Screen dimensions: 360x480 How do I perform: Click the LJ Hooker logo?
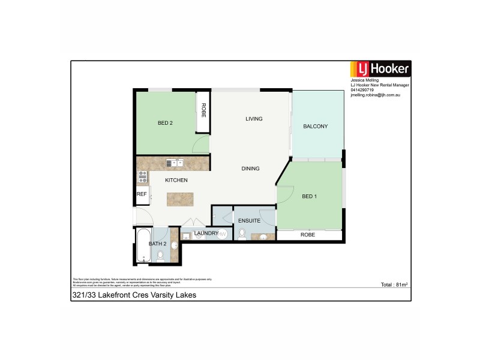(x=380, y=68)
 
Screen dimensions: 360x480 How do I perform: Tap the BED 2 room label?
(x=165, y=123)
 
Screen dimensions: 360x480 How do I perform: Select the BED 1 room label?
(x=310, y=196)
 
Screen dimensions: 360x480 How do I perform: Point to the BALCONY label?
(x=315, y=126)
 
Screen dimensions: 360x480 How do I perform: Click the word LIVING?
(x=254, y=119)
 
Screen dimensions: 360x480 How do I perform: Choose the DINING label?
(x=251, y=169)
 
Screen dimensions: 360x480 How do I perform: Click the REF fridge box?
(x=142, y=194)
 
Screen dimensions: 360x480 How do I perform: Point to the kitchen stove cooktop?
(x=143, y=176)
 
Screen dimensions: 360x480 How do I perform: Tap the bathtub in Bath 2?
(x=143, y=245)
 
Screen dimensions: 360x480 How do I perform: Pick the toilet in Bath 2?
(x=160, y=256)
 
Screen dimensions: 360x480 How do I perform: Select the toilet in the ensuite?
(x=242, y=234)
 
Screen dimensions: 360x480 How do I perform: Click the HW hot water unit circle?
(x=222, y=233)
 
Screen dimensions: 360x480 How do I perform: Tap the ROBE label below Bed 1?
(x=308, y=235)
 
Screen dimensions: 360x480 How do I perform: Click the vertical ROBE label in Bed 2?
(x=203, y=110)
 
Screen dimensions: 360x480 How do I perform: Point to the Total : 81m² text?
(x=394, y=285)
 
